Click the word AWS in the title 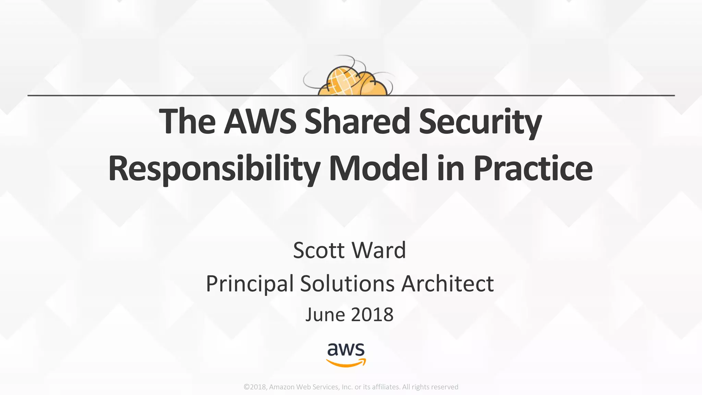point(260,121)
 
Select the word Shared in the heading point(357,121)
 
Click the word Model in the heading point(378,168)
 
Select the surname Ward point(379,250)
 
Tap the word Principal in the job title point(250,284)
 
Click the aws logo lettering point(346,349)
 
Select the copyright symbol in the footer point(246,387)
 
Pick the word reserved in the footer point(445,387)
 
